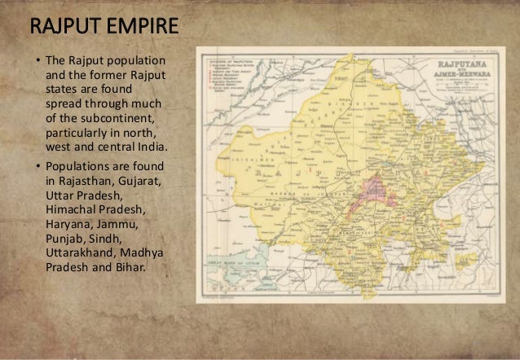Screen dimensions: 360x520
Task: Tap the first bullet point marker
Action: click(x=36, y=63)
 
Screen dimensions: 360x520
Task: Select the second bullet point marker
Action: click(x=36, y=166)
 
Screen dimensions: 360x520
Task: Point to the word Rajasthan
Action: click(x=86, y=181)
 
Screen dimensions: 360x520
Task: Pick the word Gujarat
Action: click(x=137, y=181)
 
